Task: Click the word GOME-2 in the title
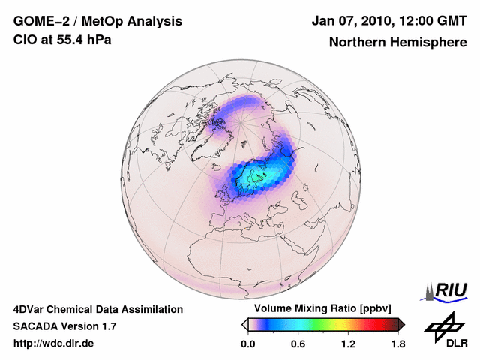point(38,21)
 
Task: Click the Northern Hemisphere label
point(397,43)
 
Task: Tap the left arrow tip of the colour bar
point(244,324)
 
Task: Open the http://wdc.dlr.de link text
point(54,343)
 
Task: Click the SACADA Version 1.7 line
point(64,326)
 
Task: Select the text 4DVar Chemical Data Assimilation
point(97,309)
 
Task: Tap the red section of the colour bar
point(371,324)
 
